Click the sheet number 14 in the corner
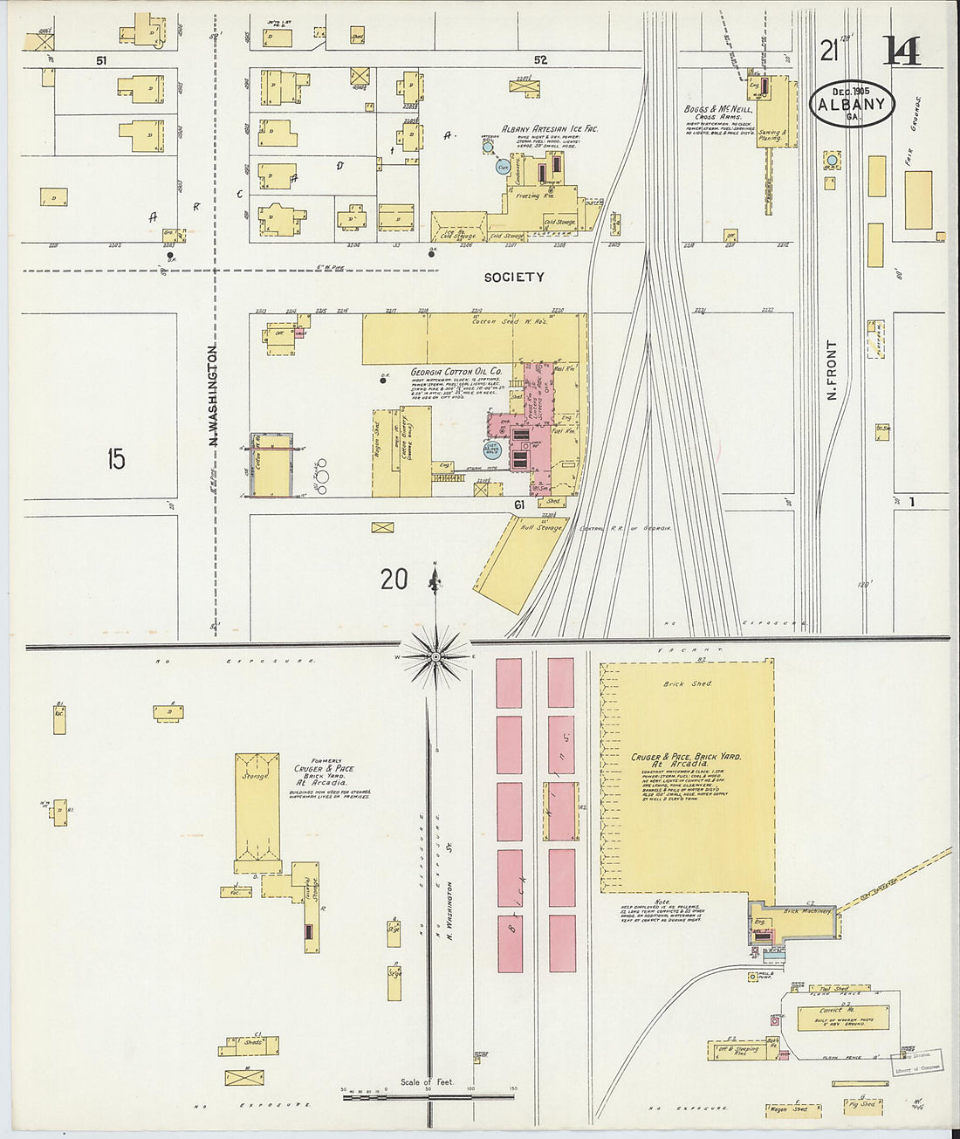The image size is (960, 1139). [x=901, y=51]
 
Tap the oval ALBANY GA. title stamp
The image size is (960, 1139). [x=851, y=105]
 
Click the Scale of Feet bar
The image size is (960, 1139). [x=428, y=1090]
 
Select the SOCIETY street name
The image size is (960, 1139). [x=514, y=277]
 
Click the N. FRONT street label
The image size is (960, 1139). [x=832, y=370]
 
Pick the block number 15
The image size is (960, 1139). [x=116, y=458]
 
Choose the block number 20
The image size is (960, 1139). [x=394, y=578]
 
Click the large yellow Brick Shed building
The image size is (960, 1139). [x=687, y=777]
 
